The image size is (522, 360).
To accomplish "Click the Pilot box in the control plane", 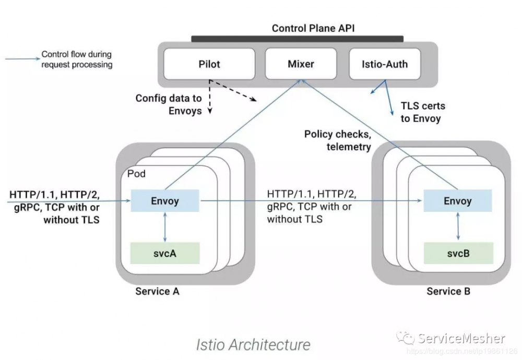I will click(x=209, y=64).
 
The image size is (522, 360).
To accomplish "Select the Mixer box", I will click(x=301, y=64).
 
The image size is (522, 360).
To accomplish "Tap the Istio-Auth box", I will click(x=385, y=64).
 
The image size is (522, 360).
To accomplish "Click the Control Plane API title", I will click(x=313, y=28).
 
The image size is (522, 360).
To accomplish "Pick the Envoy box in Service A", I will click(x=165, y=201).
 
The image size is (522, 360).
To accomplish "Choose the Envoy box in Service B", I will click(x=457, y=201).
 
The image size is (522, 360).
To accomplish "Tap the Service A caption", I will click(x=157, y=291).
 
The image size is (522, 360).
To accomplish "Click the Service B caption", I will click(x=448, y=291).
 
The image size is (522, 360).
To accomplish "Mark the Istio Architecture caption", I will click(x=253, y=344).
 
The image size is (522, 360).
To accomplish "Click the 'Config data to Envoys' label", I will click(x=169, y=104).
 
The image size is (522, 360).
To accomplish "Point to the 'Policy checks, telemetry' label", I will click(x=338, y=140).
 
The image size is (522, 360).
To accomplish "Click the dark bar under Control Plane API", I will click(x=297, y=39).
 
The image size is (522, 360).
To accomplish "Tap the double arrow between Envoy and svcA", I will click(x=165, y=227).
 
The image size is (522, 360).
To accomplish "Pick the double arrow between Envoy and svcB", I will click(x=458, y=227).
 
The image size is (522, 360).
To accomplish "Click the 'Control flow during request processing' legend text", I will click(x=77, y=59).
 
